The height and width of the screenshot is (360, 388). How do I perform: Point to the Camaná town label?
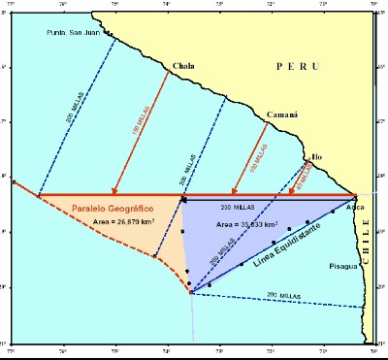click(281, 113)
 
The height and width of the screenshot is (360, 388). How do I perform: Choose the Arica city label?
click(355, 207)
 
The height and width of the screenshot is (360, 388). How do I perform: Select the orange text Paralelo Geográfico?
click(117, 207)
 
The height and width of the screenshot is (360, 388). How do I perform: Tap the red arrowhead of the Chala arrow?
click(115, 192)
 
